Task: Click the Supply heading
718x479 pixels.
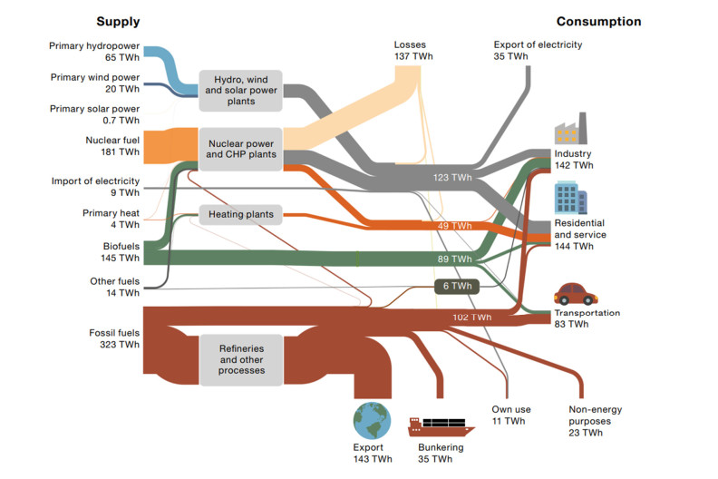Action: (x=118, y=21)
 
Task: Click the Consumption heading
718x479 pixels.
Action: (x=598, y=21)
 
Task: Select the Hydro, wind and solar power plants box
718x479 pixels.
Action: (x=241, y=90)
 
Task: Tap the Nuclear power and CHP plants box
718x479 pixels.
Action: (x=241, y=149)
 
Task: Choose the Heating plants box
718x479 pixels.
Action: (x=241, y=215)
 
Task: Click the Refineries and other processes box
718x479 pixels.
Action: (x=241, y=358)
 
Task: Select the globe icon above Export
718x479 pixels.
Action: (x=372, y=421)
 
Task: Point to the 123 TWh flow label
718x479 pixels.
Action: (x=452, y=178)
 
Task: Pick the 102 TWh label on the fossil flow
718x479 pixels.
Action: (x=471, y=318)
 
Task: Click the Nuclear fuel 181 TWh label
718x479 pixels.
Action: (x=115, y=146)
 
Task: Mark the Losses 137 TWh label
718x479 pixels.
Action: (x=415, y=50)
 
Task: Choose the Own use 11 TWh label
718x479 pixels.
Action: (x=508, y=415)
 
